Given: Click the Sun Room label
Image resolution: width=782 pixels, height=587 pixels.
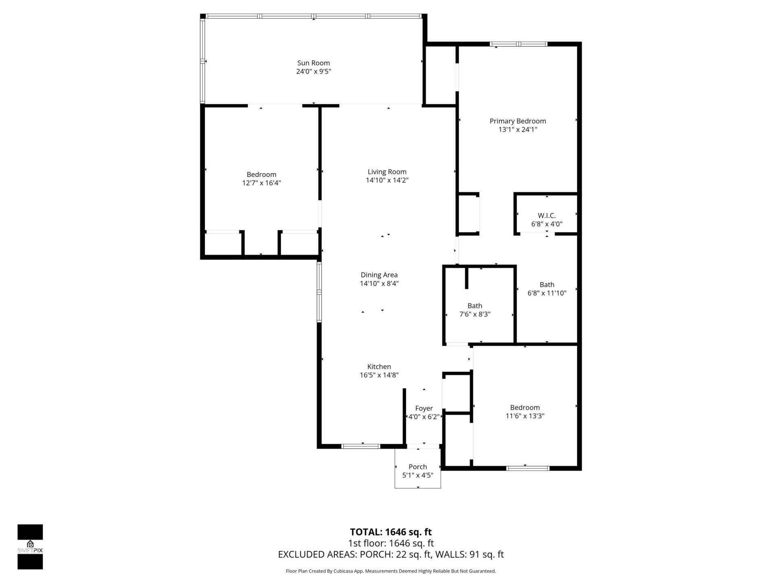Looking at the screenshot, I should point(313,63).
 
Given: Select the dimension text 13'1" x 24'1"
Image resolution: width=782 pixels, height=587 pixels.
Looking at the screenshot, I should point(518,130).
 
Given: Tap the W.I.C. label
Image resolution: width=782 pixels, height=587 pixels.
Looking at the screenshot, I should point(547,215).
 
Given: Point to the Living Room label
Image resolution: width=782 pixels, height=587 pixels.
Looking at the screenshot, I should point(387,172).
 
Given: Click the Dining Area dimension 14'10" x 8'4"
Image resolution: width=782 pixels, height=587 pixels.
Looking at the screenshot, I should point(379,284).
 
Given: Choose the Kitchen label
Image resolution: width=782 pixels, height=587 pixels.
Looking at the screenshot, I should point(379,366).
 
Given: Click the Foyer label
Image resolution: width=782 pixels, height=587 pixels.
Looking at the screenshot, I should point(424,408).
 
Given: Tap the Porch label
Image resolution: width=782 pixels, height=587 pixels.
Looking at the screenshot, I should point(417,467).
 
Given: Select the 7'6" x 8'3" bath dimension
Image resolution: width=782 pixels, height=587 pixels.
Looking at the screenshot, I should point(474,314).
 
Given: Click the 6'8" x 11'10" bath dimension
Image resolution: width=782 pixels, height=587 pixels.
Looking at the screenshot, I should point(547,293).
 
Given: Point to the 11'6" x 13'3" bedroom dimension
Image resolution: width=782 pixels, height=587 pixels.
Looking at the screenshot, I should point(525,416).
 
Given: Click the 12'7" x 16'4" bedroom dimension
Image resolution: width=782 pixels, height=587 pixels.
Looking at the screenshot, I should point(261,183).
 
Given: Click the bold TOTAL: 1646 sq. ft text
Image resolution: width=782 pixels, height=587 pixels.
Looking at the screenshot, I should point(391,532).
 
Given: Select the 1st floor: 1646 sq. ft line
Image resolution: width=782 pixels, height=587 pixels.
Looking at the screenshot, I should point(391,543).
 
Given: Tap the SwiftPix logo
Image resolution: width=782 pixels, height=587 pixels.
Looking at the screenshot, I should point(30,547).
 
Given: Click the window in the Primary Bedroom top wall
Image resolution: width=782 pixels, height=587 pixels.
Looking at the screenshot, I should point(518,44).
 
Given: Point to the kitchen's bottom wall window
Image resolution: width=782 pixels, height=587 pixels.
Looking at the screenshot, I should point(361,446).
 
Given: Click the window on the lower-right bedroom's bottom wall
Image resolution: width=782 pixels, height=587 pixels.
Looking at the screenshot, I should point(528,468).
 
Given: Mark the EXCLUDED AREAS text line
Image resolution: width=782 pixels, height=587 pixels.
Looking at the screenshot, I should point(391,554).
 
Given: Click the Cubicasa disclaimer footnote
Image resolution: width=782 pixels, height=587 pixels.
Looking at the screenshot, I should point(391,571).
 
